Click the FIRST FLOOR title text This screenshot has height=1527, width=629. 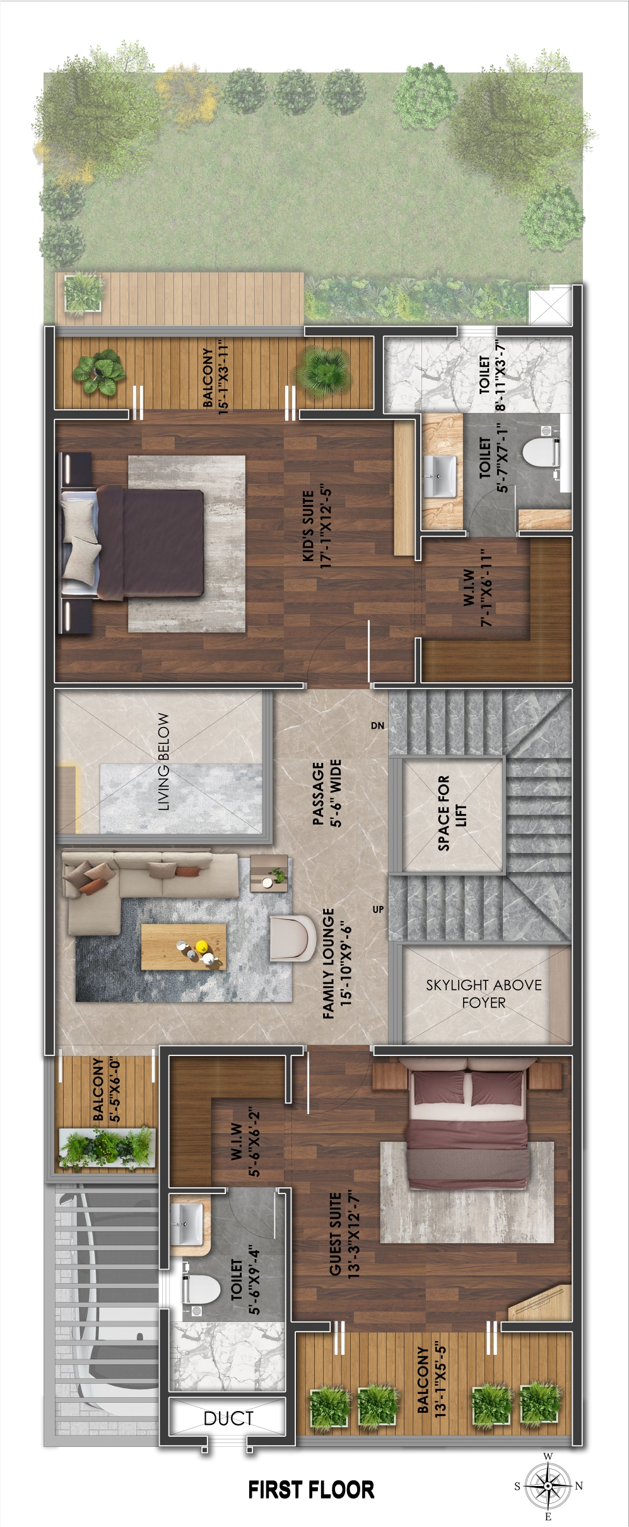311,1490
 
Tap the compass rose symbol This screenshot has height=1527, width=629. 548,1486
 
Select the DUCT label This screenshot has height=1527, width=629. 228,1419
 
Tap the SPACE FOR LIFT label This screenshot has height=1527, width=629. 452,813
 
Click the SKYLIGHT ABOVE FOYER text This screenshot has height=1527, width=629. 484,993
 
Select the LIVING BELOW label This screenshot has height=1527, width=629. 163,762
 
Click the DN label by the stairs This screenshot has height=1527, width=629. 377,726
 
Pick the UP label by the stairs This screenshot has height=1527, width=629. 378,909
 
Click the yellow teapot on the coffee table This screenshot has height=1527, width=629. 202,946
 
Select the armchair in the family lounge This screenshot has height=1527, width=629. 293,938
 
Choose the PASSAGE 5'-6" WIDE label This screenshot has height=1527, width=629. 327,793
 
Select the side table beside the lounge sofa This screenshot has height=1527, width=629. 269,873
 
